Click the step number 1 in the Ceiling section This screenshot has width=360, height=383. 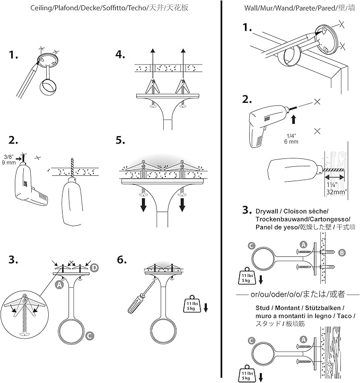point(14,54)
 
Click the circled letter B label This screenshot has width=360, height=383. point(342,253)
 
